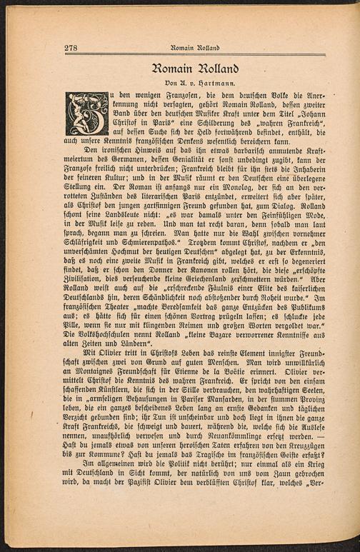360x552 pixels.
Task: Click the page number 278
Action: (x=71, y=48)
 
